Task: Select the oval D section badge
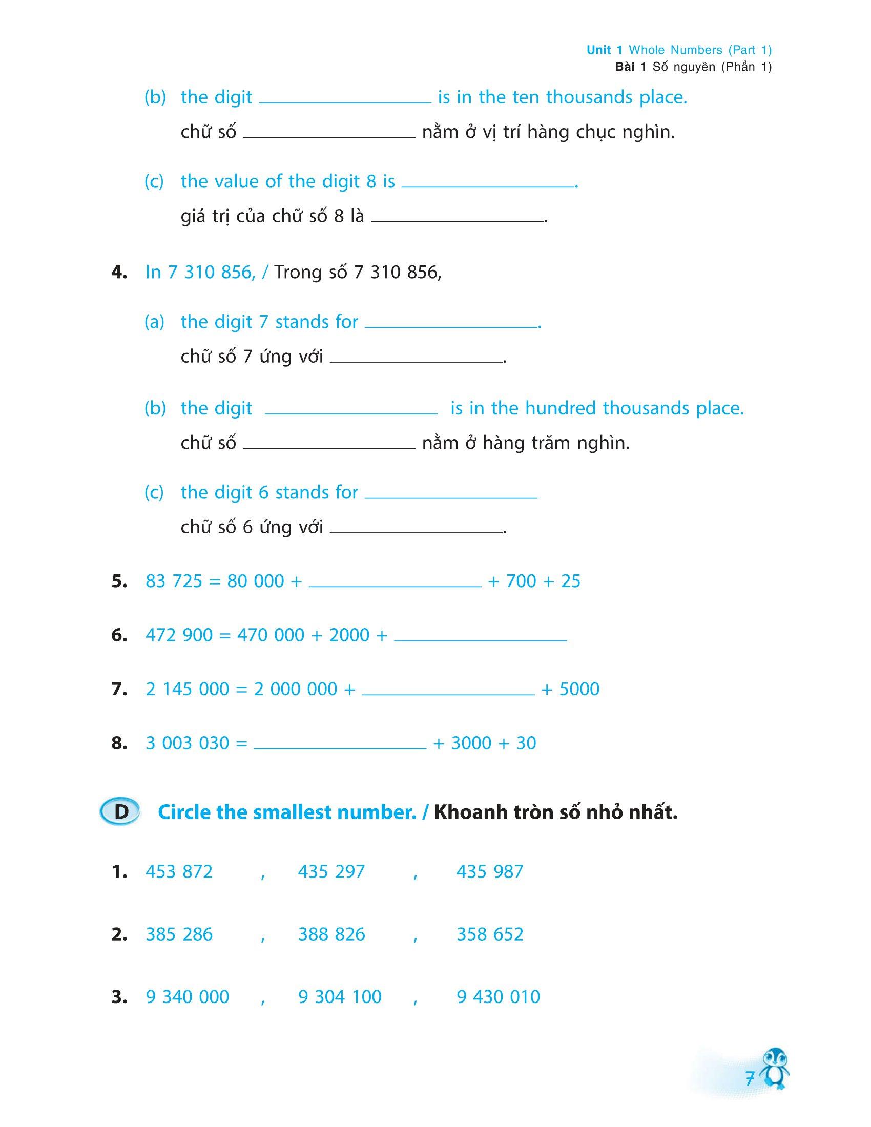121,812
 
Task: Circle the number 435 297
331,871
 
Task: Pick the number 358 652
490,934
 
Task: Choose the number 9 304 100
340,996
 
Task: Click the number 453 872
179,871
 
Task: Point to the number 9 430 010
498,996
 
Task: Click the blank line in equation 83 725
395,585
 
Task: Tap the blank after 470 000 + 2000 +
480,639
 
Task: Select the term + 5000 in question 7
570,689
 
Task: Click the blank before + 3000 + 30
340,747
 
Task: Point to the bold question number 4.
119,273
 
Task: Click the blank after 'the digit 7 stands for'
450,326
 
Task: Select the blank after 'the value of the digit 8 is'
488,186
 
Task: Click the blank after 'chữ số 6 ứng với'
416,531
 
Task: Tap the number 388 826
331,934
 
